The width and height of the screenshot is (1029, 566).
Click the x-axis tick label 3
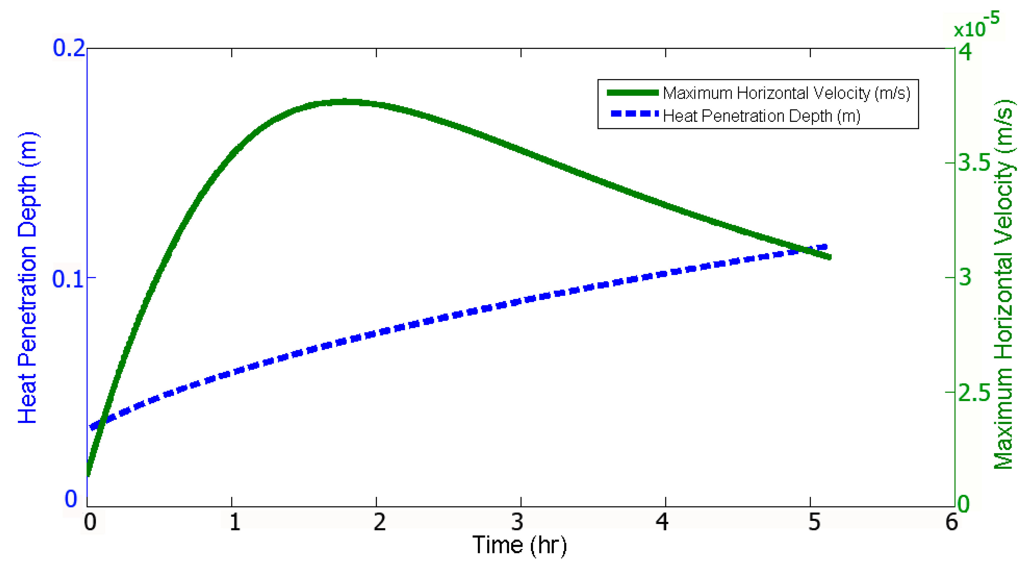(x=518, y=522)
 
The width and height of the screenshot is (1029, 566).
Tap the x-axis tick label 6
(x=951, y=522)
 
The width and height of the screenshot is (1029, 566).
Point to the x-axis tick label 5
(x=814, y=522)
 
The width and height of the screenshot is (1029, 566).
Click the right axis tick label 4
(x=965, y=52)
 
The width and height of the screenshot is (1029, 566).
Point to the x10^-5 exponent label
(x=976, y=26)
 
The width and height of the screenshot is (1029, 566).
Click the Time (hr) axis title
(x=519, y=545)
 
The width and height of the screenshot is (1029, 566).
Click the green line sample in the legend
(x=632, y=93)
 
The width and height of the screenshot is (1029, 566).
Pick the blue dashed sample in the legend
(x=634, y=114)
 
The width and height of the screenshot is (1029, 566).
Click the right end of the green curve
(x=829, y=257)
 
